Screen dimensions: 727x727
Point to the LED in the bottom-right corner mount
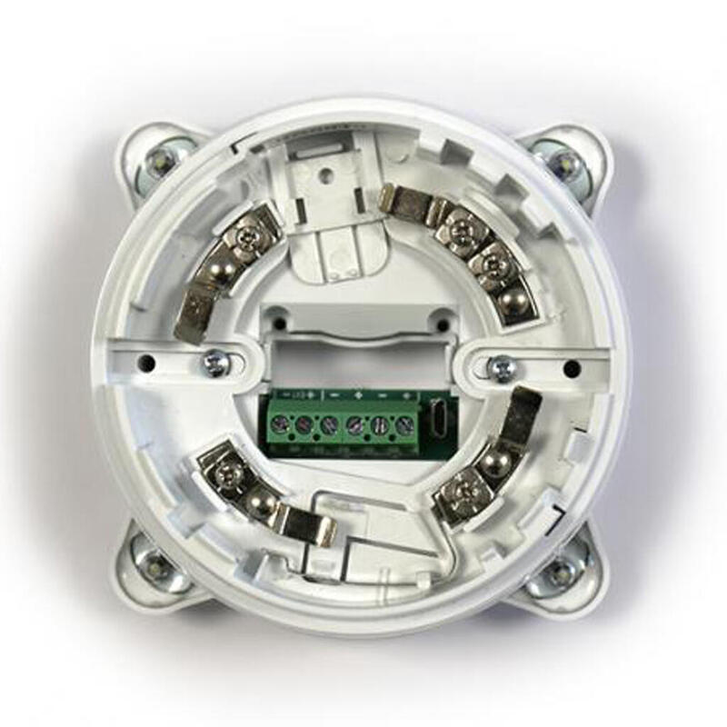click(558, 572)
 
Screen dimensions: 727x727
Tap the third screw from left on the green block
click(331, 423)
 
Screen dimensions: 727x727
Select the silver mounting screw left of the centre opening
click(214, 363)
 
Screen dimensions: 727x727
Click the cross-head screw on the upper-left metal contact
click(246, 238)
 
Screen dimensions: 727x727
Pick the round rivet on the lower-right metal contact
click(494, 463)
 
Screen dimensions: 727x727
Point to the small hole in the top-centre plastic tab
click(322, 168)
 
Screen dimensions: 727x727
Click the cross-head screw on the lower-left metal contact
click(222, 470)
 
